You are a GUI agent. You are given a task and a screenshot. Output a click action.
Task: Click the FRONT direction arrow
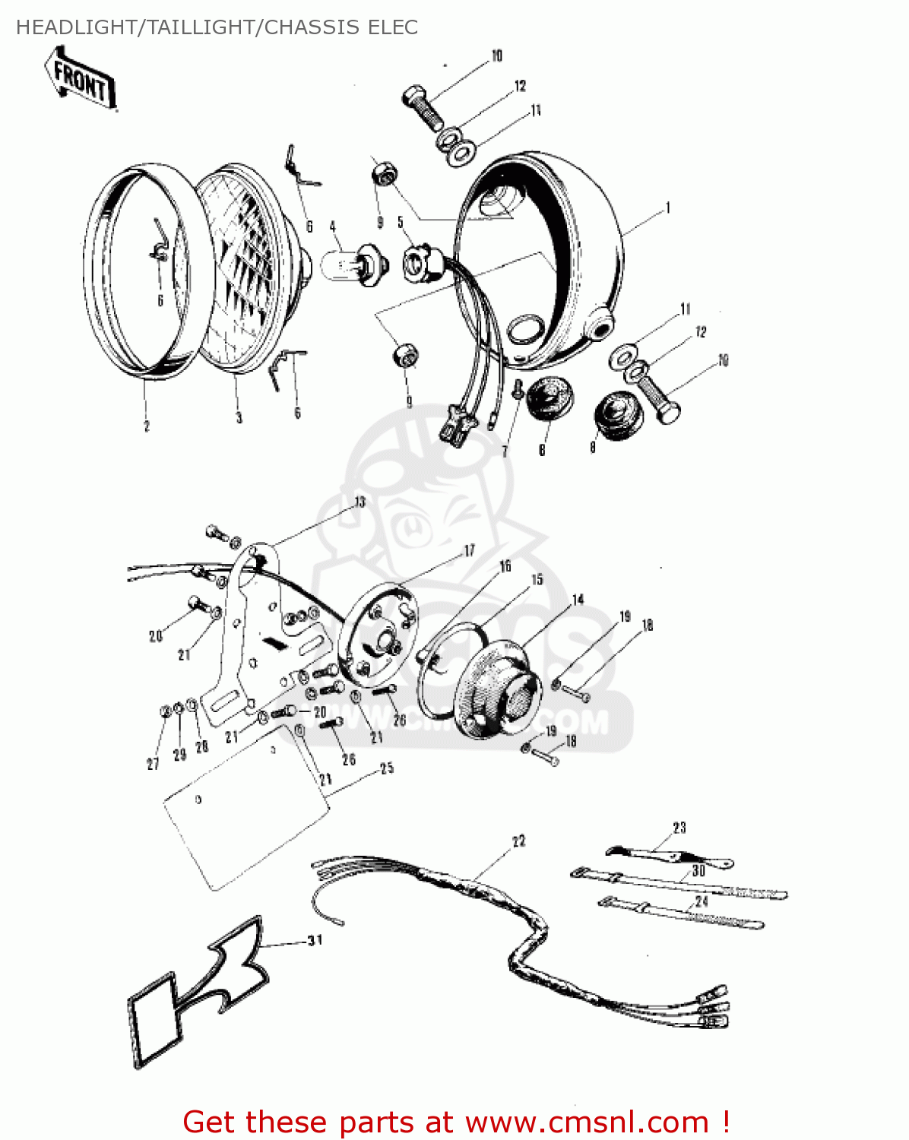tap(81, 78)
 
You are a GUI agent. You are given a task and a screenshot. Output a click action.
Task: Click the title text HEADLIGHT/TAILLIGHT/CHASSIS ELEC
tap(217, 27)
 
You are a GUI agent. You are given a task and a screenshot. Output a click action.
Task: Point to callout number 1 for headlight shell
tap(667, 207)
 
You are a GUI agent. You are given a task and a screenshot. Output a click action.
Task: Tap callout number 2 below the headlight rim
tap(147, 426)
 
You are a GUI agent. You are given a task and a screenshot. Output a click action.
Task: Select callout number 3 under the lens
tap(239, 417)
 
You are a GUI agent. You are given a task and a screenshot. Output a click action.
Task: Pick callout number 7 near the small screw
tap(505, 451)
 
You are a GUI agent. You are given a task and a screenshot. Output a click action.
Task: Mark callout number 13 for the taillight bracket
tap(359, 502)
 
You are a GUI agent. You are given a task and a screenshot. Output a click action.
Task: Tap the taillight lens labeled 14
tap(498, 688)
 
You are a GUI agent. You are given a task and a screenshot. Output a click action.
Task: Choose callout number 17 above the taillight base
tap(469, 551)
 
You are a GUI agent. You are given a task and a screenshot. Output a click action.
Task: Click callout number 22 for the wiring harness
tap(518, 841)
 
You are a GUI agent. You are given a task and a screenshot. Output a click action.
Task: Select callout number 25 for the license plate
tap(387, 768)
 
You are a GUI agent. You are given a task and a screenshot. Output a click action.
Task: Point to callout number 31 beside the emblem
tap(315, 941)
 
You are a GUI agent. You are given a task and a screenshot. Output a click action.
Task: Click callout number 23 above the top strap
tap(679, 828)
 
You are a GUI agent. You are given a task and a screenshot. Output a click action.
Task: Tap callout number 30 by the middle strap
tap(698, 871)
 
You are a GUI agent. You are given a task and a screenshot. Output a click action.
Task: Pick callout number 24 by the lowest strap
tap(701, 901)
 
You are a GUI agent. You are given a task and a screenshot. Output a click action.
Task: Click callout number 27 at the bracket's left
tap(153, 764)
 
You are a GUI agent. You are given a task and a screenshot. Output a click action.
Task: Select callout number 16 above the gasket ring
tap(505, 566)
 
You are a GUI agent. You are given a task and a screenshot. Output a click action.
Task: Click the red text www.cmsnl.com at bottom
tap(587, 1122)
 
